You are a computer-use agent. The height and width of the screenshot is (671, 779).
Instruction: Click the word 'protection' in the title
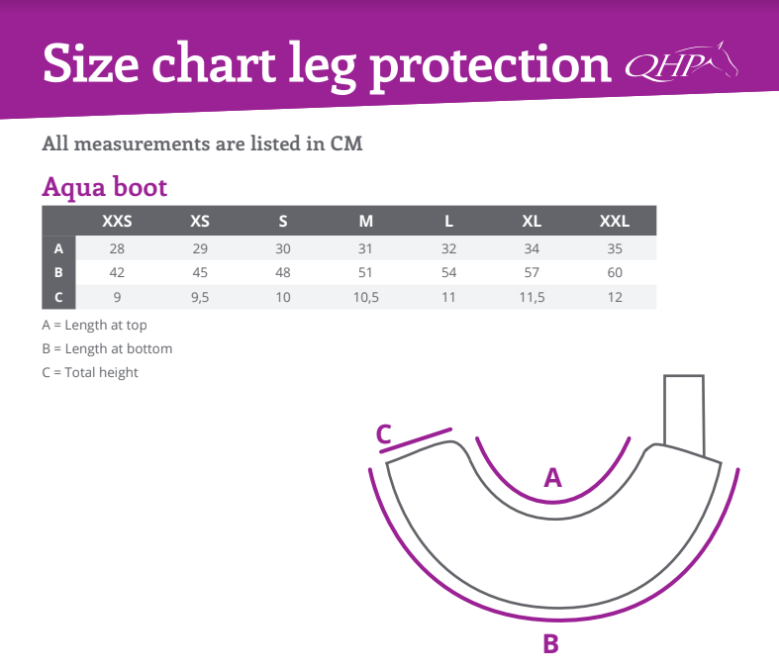(491, 67)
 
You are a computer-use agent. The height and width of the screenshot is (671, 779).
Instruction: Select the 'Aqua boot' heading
(104, 187)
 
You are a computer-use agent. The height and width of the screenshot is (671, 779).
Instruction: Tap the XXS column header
(117, 221)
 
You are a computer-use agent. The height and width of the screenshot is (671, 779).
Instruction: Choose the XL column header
(532, 221)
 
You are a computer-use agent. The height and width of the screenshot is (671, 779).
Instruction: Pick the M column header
(366, 221)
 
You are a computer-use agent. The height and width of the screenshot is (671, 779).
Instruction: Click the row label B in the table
(58, 273)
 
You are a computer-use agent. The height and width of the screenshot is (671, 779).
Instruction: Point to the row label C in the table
(58, 297)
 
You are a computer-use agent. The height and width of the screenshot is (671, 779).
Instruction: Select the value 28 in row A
(117, 248)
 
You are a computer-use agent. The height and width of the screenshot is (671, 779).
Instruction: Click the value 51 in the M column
(365, 273)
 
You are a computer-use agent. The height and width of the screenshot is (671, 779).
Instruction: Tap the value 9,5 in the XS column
(200, 298)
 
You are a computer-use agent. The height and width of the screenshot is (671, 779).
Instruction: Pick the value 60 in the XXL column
(615, 273)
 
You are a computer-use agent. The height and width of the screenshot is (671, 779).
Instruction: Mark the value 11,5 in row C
(533, 298)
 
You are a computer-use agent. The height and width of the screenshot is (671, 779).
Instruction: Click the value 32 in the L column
(448, 248)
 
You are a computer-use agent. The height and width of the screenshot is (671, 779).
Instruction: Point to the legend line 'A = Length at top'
(94, 325)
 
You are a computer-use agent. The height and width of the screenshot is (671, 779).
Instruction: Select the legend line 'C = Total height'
(90, 372)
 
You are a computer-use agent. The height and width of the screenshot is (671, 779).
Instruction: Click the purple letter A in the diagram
(553, 477)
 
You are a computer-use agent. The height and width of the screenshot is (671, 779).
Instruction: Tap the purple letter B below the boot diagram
(551, 643)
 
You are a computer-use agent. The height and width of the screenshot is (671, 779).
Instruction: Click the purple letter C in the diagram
(384, 434)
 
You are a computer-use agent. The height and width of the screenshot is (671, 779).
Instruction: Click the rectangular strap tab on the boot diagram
(684, 416)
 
